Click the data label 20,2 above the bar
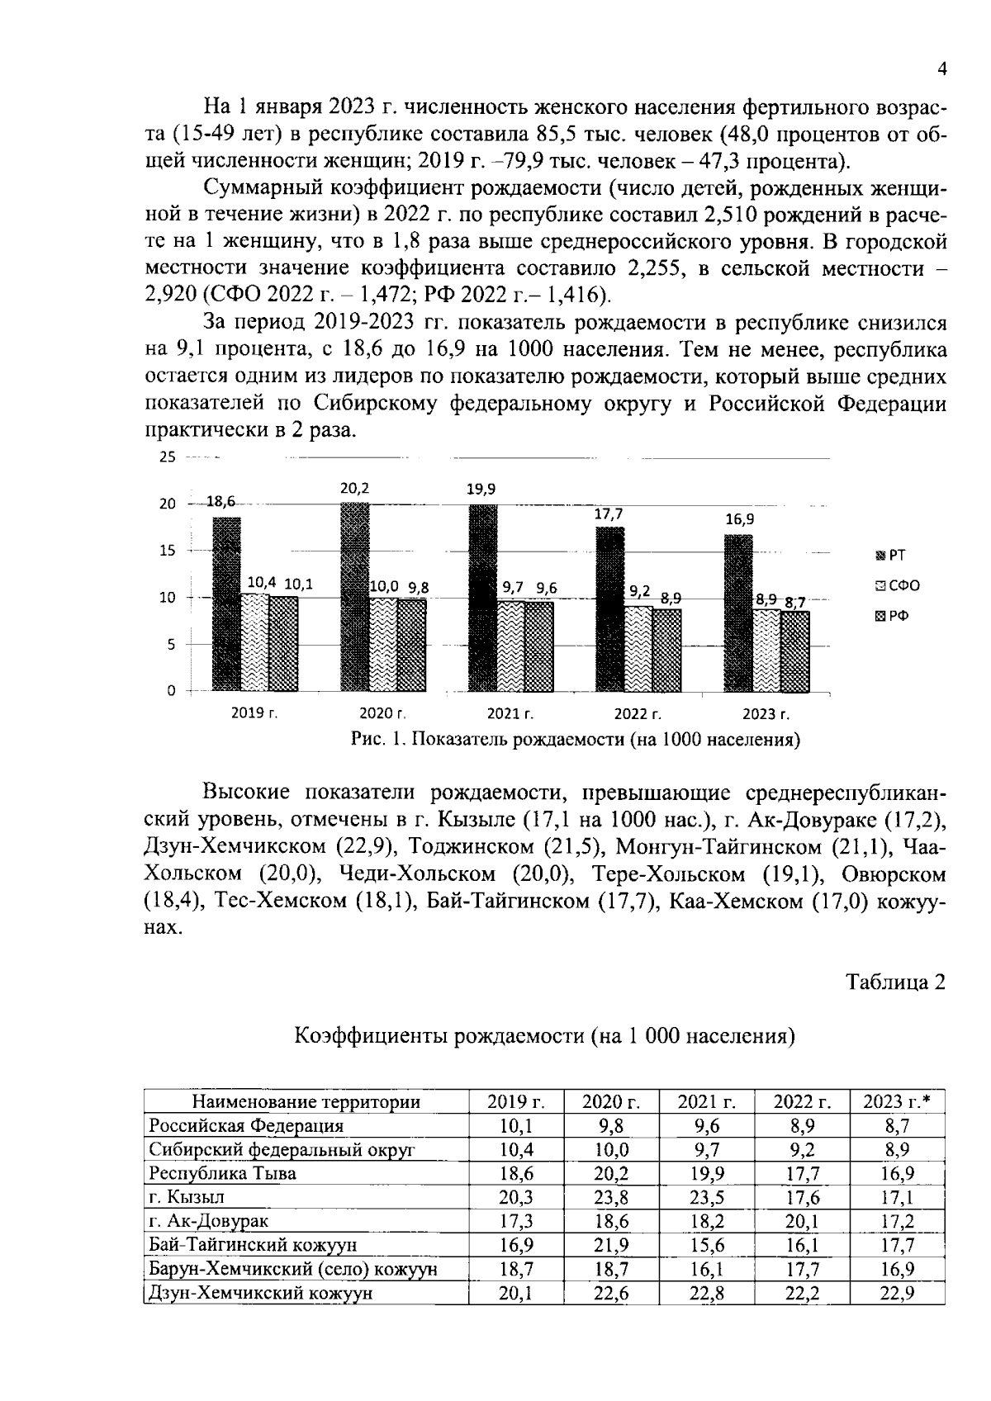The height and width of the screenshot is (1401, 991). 354,489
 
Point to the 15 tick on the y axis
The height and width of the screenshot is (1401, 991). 168,551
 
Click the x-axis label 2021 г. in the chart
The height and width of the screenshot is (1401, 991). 510,713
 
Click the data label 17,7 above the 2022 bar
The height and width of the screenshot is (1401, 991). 609,514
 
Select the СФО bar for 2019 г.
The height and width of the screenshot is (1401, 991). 255,642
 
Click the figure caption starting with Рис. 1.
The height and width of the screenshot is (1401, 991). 576,739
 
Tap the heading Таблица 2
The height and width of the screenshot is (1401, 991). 894,982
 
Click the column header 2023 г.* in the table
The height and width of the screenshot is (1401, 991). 897,1101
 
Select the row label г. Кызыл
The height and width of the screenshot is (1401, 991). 186,1196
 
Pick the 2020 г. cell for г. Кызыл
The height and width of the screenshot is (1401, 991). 611,1197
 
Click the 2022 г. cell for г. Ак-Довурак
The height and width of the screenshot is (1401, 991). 802,1220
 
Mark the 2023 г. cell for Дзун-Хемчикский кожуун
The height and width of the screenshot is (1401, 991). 897,1293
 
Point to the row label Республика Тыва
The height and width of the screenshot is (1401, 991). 221,1172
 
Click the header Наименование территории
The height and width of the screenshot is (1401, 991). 306,1101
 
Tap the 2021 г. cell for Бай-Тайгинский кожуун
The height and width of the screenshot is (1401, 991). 706,1245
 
